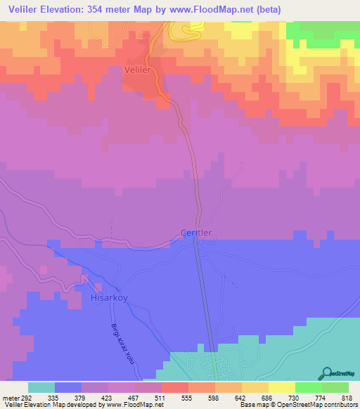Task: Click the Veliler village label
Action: click(138, 70)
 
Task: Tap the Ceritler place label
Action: click(196, 233)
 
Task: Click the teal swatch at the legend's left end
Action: click(41, 387)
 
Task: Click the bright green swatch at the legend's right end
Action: click(335, 387)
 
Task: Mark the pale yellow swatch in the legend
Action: click(281, 387)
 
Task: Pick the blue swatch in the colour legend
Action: click(68, 387)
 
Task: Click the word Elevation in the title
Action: click(75, 10)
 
